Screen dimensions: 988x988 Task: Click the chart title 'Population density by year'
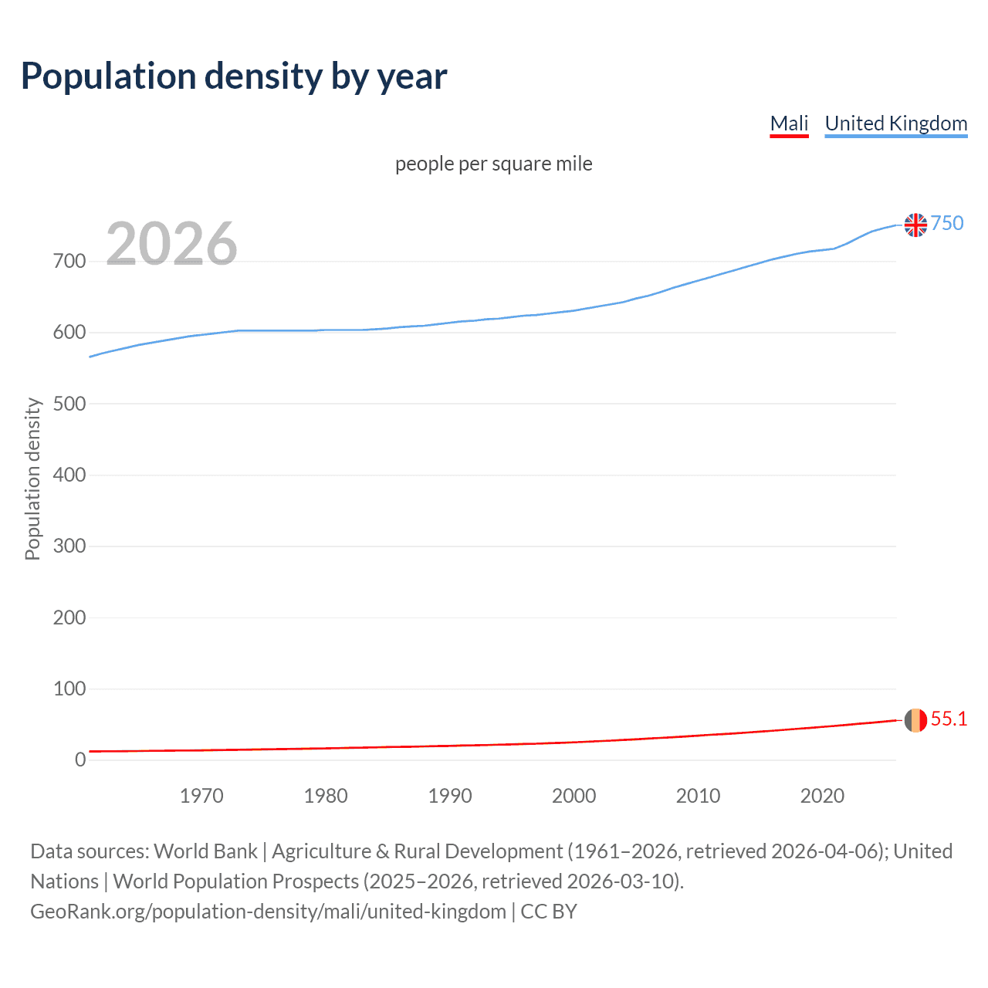coord(234,76)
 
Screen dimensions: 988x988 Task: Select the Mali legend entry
coord(789,123)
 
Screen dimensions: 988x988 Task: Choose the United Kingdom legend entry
coord(895,123)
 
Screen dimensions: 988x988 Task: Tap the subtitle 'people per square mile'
coord(493,164)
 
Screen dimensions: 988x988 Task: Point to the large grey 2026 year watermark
coord(171,244)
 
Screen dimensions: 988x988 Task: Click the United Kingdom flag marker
coord(915,225)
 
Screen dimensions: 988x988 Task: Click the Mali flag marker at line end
coord(915,720)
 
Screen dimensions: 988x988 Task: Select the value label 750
coord(947,224)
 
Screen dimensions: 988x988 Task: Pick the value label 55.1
coord(949,719)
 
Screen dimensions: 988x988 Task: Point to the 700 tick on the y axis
coord(69,262)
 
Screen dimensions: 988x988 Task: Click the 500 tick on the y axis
coord(69,404)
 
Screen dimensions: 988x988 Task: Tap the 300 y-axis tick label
coord(69,546)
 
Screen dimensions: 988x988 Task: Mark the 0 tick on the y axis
coord(80,760)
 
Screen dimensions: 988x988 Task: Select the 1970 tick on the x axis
coord(201,796)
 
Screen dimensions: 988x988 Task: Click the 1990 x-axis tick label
coord(450,796)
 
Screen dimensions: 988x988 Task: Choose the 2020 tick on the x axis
coord(822,796)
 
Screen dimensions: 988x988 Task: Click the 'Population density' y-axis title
coord(32,479)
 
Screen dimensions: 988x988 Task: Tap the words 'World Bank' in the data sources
coord(205,851)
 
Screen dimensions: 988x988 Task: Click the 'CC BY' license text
coord(549,912)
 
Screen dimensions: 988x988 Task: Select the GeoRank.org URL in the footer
coord(268,912)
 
